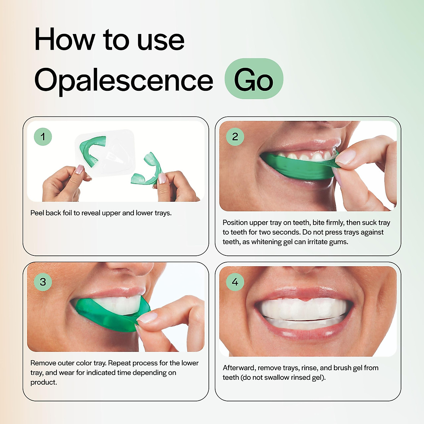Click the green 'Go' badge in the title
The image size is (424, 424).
coord(254,79)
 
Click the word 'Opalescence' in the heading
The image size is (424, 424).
coord(124,80)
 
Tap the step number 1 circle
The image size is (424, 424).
coord(43,137)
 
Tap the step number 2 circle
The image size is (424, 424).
coord(235,137)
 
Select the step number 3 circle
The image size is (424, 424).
coord(43,282)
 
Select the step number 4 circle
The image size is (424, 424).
coord(235,282)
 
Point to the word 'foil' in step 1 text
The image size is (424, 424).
coord(67,213)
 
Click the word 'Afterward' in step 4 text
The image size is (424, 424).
coord(239,368)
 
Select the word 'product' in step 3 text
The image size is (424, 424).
coord(43,382)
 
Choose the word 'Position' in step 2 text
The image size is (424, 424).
coord(235,223)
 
